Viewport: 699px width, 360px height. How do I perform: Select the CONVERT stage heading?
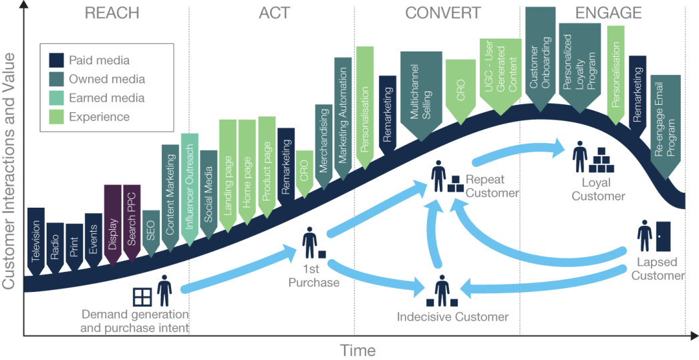[x=442, y=13]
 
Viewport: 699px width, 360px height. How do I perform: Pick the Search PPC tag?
[x=132, y=220]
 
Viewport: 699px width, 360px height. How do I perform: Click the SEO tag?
[x=150, y=231]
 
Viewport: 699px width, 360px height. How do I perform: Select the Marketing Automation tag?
[x=342, y=118]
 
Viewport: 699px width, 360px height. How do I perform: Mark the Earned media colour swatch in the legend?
[x=56, y=98]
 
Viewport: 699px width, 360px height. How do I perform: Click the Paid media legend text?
[x=99, y=60]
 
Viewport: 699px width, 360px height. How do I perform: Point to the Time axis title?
[x=358, y=350]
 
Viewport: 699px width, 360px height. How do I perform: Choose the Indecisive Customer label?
[x=452, y=317]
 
